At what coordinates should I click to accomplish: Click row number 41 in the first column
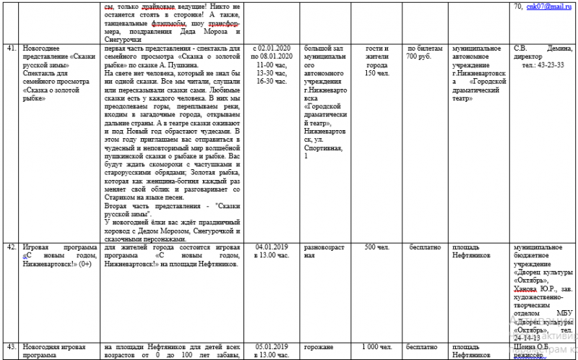11,46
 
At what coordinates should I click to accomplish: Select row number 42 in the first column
11,247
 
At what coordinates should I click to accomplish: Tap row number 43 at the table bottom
11,346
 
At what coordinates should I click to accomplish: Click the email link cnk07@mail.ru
550,6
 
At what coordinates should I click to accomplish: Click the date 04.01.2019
272,247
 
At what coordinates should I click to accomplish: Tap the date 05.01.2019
272,346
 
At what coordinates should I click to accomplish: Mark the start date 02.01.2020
276,47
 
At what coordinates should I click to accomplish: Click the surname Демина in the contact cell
560,47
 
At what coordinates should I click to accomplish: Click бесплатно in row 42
423,247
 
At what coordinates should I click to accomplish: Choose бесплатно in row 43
423,346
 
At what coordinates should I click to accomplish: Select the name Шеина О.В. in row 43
532,346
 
